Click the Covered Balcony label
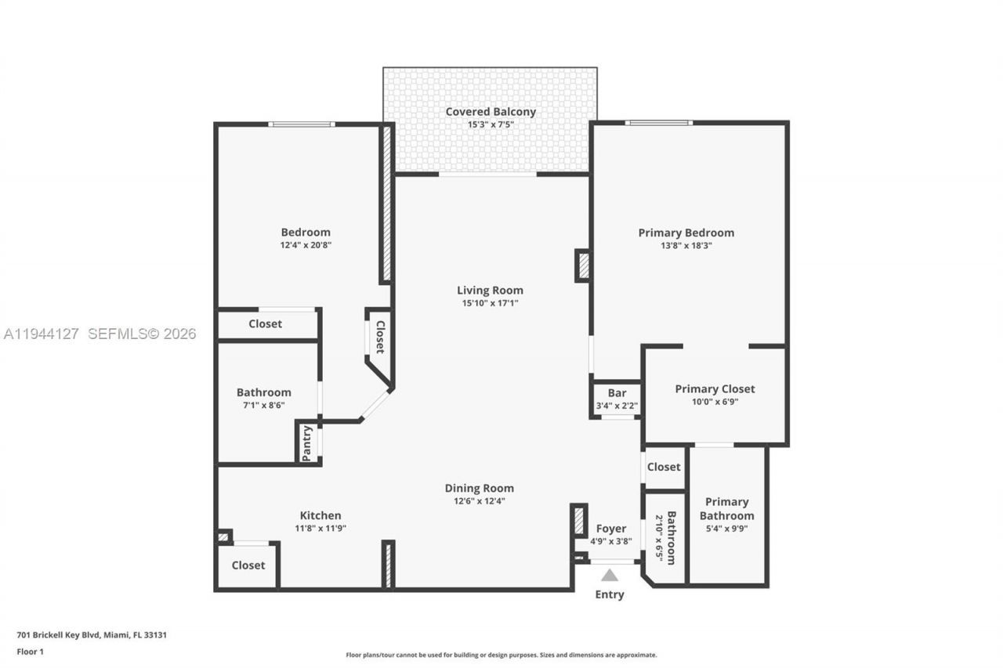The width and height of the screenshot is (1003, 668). coord(491,112)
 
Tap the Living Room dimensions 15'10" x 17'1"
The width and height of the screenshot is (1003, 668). coord(490,303)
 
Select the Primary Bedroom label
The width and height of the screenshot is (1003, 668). coord(686,233)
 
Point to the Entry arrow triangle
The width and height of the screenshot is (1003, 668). coord(610,575)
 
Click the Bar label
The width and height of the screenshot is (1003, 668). coord(617,393)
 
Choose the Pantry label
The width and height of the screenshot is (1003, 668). coord(307,443)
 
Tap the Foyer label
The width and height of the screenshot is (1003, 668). coord(611,529)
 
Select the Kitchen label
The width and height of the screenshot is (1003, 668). coord(320,515)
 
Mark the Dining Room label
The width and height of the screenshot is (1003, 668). coord(480,488)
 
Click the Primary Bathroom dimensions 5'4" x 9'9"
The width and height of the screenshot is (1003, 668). coord(726,529)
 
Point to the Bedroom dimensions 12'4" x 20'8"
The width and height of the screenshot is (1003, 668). coord(306,245)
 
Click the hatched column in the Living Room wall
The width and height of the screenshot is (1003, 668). coord(582,265)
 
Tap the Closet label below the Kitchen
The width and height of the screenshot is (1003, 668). coord(248,565)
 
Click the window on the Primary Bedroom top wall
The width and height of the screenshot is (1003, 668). coord(658,123)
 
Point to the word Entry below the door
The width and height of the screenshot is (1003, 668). coord(610,594)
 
